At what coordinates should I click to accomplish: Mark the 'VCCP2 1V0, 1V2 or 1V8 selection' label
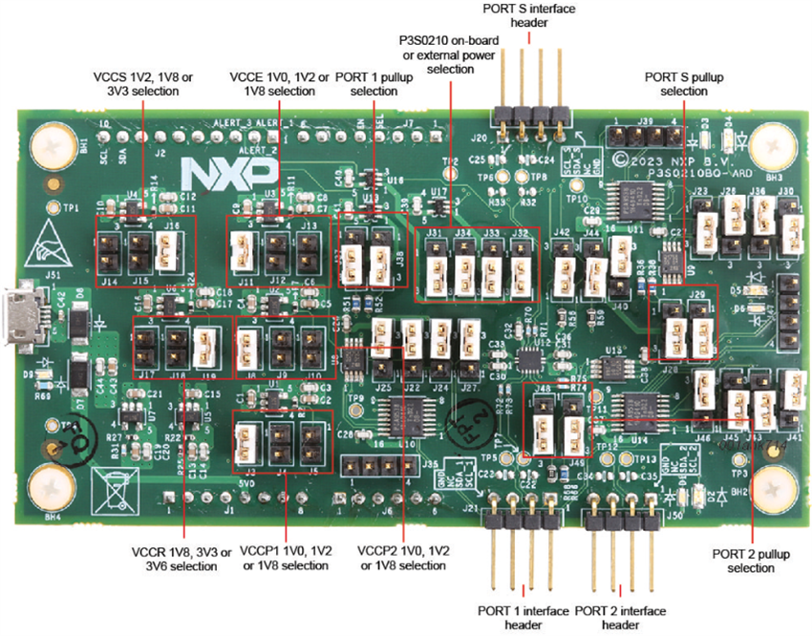(x=402, y=559)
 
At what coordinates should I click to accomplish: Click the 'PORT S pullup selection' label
(x=676, y=83)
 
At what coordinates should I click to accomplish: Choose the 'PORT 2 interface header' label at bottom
(x=622, y=616)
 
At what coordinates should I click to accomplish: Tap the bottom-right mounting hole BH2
(x=770, y=486)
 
